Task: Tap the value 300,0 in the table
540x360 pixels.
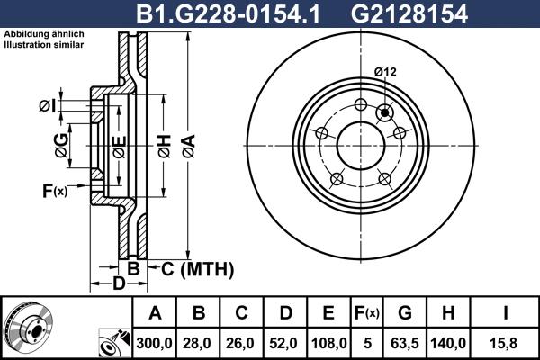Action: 156,343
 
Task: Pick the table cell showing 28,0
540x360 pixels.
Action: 199,343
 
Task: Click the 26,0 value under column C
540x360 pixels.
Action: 242,343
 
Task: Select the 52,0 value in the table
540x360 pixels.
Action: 285,343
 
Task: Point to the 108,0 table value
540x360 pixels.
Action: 328,343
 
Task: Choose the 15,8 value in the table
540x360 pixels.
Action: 507,343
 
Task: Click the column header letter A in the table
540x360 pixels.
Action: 156,313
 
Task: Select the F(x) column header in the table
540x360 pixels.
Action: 365,313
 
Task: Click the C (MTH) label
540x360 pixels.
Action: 197,268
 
